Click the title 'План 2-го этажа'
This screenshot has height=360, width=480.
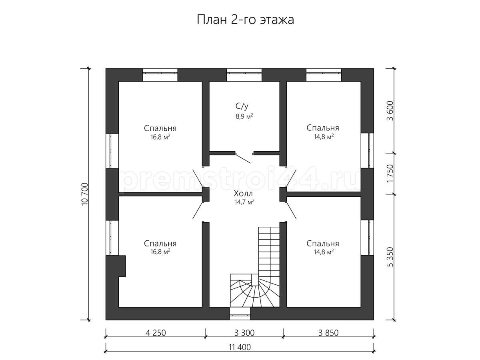coord(245,20)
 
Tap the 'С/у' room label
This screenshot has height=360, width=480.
coord(242,106)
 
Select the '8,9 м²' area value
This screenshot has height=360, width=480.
coord(244,116)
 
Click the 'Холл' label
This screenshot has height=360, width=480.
coord(243,194)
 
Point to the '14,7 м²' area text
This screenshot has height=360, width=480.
coord(244,202)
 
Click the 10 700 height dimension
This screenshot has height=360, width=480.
coord(85,194)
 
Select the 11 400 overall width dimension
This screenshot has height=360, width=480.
coord(240,347)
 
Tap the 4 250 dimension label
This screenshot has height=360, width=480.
coord(156,333)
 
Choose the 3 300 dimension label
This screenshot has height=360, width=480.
coord(244,333)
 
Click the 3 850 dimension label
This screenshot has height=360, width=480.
coord(328,333)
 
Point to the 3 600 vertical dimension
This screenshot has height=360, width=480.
coord(390,111)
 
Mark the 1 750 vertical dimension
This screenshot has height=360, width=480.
coord(390,174)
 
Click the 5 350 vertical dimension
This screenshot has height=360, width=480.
coord(390,257)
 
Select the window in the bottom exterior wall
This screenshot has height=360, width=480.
coord(240,314)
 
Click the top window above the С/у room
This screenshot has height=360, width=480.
coord(244,75)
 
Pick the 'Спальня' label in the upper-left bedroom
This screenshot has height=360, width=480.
coord(160,128)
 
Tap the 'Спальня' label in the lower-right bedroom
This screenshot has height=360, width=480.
coord(322,244)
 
